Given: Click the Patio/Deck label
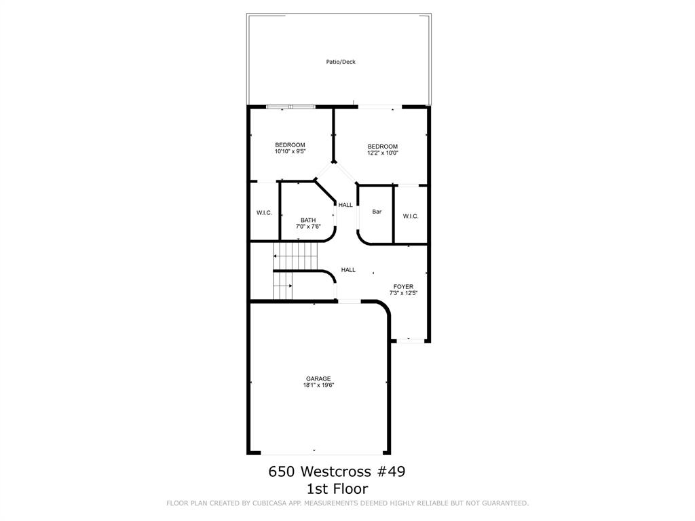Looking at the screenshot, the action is click(x=341, y=62).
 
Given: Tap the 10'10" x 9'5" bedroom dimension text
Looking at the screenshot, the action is click(x=290, y=151).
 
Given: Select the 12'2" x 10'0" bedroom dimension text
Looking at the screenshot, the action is click(x=383, y=153).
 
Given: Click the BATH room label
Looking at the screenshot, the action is click(x=308, y=220).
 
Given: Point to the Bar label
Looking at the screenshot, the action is click(x=377, y=212).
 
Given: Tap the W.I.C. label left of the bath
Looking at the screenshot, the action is click(x=264, y=213).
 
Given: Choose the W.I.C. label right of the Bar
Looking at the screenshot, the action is click(x=411, y=216).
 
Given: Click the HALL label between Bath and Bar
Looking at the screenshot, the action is click(x=345, y=205).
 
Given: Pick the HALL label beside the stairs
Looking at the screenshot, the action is click(x=348, y=270).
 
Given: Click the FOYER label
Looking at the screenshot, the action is click(x=403, y=287).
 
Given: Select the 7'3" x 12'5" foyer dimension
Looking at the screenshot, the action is click(x=403, y=293).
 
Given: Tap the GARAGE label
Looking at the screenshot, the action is click(x=318, y=379).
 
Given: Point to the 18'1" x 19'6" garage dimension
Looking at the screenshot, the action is click(x=318, y=385).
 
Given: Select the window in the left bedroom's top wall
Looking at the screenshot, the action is click(x=290, y=107).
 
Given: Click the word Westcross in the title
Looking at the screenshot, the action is click(x=335, y=471).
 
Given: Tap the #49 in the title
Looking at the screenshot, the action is click(x=390, y=471).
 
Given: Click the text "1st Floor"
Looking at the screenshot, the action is click(x=337, y=489).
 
